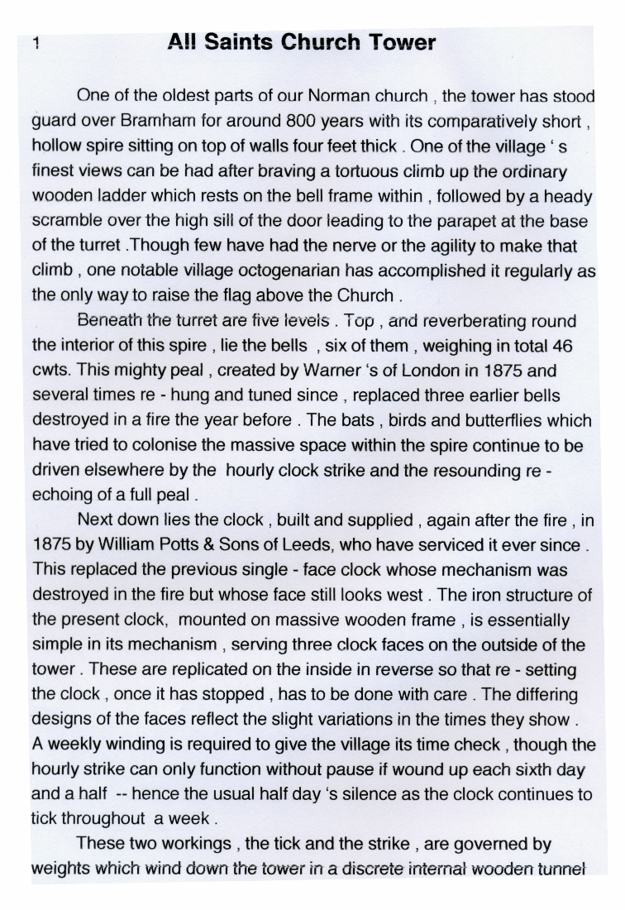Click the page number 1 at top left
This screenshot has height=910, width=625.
click(x=36, y=44)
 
